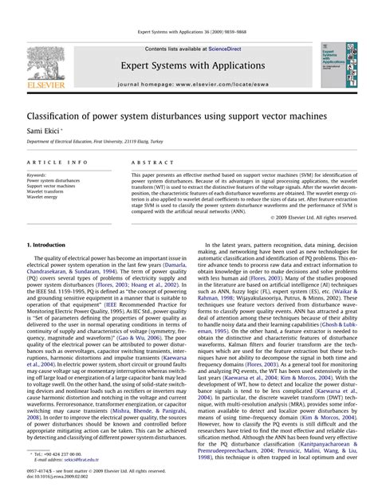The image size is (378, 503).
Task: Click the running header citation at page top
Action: click(x=189, y=33)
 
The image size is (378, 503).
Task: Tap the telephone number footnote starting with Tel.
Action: click(x=57, y=453)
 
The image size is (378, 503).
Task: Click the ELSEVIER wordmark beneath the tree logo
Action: click(x=45, y=82)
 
